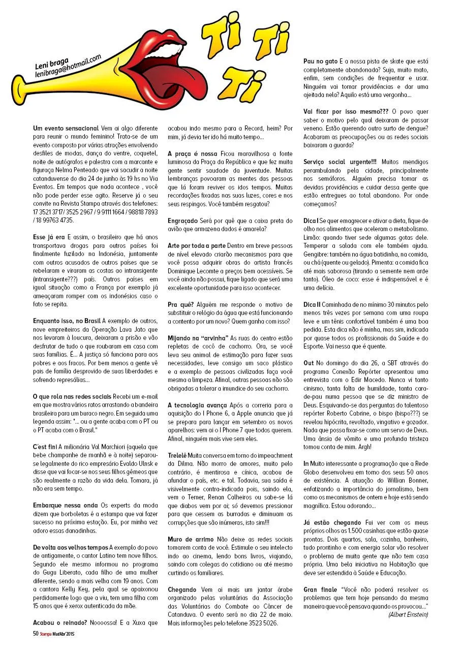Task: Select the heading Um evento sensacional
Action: [x=66, y=128]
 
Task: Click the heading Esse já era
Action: [x=49, y=237]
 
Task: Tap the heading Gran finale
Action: [x=320, y=589]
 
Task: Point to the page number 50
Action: [x=36, y=634]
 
